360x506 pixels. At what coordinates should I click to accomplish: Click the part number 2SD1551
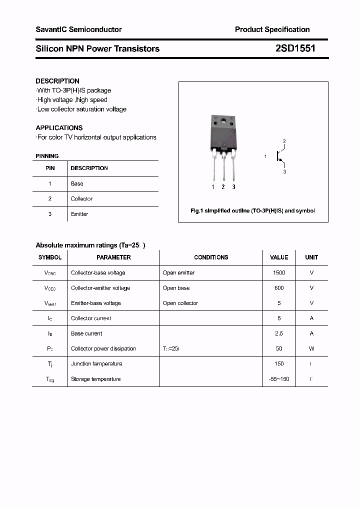pos(295,48)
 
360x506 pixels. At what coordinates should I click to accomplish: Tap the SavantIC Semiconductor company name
pos(78,29)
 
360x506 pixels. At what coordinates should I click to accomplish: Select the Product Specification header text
pos(272,29)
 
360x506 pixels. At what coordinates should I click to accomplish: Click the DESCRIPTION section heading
pos(57,81)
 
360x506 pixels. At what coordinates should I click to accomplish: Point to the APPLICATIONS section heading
pos(59,127)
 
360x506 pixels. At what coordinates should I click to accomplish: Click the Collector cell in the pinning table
pos(81,199)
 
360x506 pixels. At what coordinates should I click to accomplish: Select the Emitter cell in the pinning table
pos(79,214)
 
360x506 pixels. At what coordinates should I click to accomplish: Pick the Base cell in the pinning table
pos(77,183)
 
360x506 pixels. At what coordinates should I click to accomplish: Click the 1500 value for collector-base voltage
pos(279,273)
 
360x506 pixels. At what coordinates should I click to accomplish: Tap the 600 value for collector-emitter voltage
pos(279,288)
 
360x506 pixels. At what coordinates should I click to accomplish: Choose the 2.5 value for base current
pos(279,333)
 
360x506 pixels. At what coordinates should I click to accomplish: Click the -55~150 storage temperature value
pos(279,379)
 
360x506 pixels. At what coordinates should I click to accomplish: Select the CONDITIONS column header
pos(211,257)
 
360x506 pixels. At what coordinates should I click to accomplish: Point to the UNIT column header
pos(311,257)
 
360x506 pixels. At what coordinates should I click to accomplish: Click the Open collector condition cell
pos(180,303)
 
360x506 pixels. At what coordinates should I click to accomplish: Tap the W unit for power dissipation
pos(311,348)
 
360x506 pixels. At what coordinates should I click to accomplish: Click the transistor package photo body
pos(223,132)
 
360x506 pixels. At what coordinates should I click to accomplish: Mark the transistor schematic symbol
pos(279,156)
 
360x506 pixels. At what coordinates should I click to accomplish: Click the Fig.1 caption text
pos(253,211)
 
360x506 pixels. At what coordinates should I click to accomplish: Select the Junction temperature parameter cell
pos(96,364)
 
